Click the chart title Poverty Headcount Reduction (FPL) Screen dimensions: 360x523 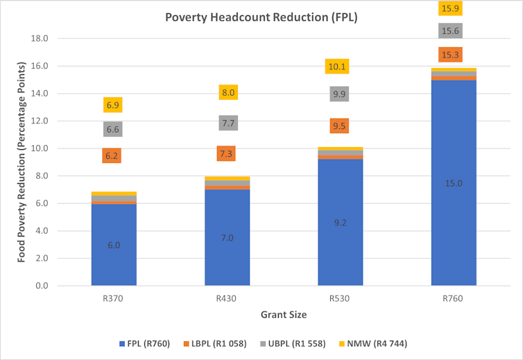click(261, 17)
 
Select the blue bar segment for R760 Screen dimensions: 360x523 click(454, 183)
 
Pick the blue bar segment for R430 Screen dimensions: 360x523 click(227, 237)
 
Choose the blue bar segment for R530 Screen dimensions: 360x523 click(340, 223)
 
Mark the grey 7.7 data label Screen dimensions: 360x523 click(227, 123)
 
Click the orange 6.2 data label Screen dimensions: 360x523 click(112, 155)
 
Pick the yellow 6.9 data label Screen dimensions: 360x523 click(112, 105)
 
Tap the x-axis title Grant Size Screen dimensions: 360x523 click(284, 314)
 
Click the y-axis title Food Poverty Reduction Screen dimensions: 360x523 click(22, 161)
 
